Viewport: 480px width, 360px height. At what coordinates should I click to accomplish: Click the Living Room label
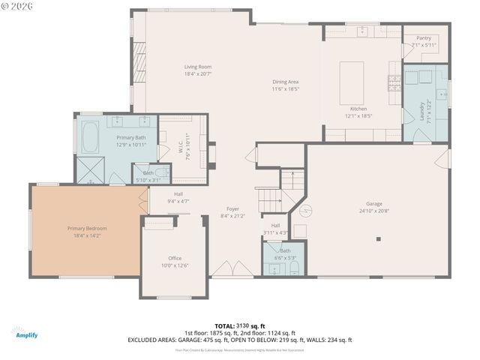(x=199, y=67)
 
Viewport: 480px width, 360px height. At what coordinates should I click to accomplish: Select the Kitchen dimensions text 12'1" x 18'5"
(x=358, y=116)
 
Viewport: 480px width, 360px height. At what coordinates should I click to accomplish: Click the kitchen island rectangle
(x=352, y=82)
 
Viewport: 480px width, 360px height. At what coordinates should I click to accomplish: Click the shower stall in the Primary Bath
(x=91, y=171)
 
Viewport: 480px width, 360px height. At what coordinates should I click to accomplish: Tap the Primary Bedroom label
(x=87, y=228)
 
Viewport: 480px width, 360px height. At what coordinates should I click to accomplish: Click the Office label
(x=175, y=258)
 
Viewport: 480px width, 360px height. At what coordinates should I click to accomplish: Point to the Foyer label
(x=233, y=209)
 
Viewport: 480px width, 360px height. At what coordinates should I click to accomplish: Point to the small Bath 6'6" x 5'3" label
(x=285, y=250)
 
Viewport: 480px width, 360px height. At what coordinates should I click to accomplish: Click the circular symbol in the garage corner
(x=304, y=211)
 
